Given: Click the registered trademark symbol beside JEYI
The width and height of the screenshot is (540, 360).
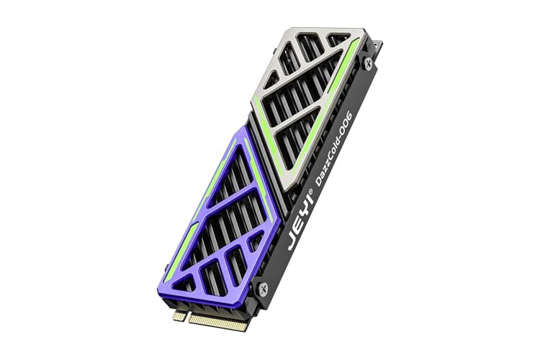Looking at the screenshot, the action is click(310, 192).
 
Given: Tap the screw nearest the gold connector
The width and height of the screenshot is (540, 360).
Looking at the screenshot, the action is click(264, 287).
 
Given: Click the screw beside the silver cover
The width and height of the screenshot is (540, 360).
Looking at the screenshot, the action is click(368, 63).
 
